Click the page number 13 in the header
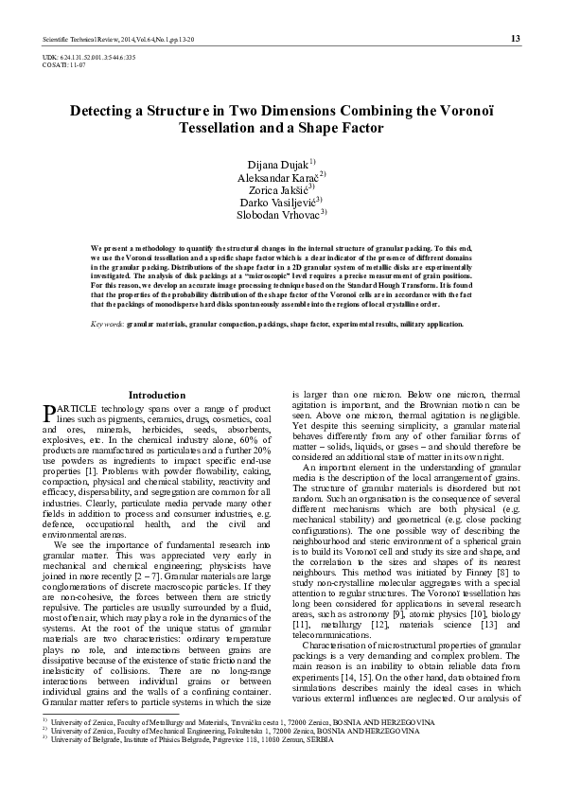(x=515, y=39)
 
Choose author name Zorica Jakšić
(x=276, y=189)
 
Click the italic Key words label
(x=107, y=324)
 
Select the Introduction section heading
(x=157, y=395)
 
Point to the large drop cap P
(x=49, y=412)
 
